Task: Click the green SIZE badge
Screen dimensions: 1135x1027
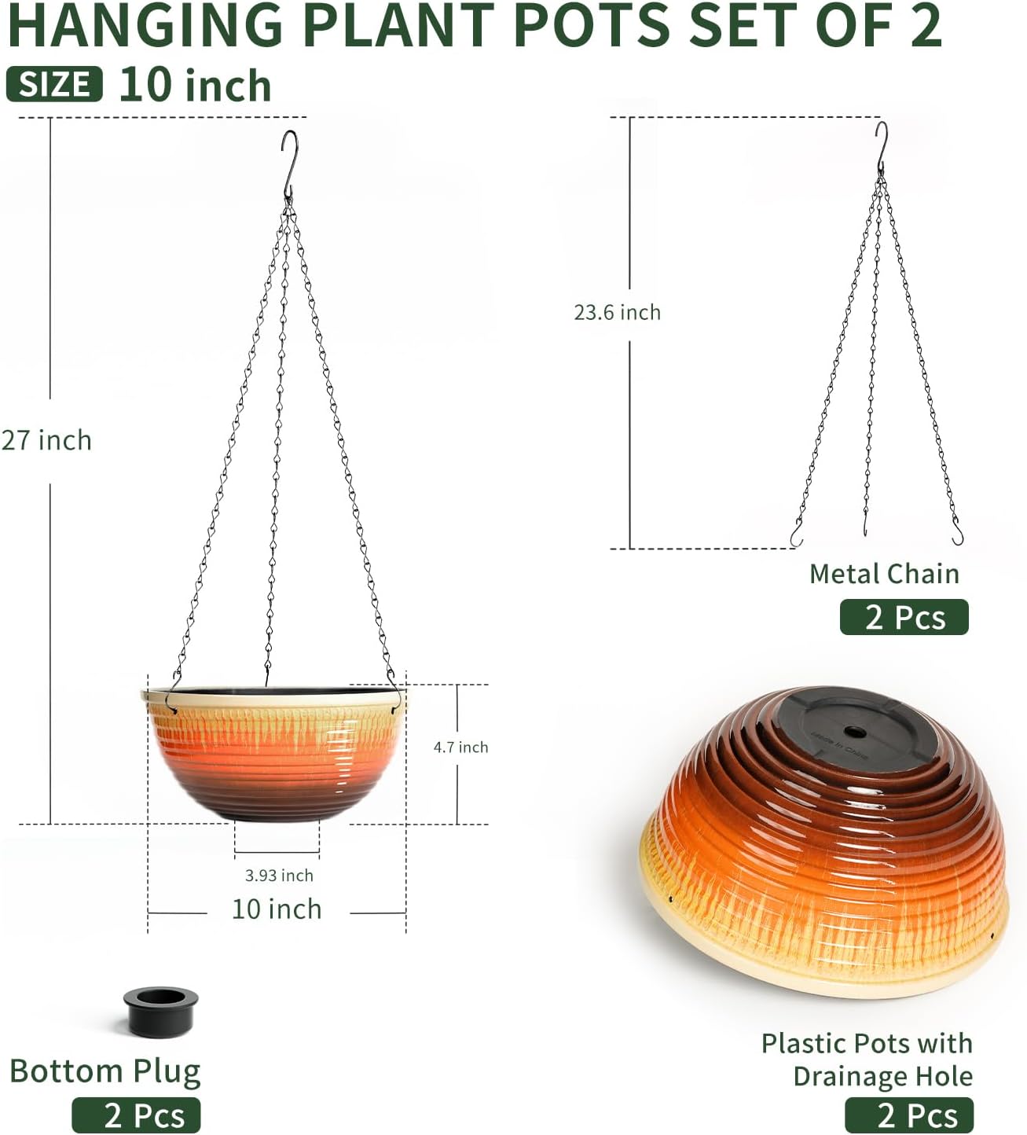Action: click(x=54, y=84)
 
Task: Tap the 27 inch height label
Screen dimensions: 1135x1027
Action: click(x=46, y=440)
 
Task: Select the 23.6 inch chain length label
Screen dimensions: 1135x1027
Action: click(x=617, y=312)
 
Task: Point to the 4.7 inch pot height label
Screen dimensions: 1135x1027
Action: click(x=460, y=747)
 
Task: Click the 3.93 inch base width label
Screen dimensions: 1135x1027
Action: click(x=279, y=875)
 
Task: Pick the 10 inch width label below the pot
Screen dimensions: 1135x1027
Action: click(x=277, y=909)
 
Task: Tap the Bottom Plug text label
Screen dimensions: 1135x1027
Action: click(x=105, y=1071)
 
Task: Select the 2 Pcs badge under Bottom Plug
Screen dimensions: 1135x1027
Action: click(x=136, y=1115)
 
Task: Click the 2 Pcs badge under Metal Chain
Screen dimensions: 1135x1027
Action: click(x=904, y=617)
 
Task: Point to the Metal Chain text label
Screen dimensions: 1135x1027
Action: click(x=884, y=574)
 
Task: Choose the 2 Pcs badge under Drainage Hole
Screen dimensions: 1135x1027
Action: click(x=909, y=1115)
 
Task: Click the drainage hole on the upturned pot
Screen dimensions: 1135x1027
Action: click(x=856, y=732)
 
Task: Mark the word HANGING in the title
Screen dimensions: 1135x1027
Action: click(x=145, y=25)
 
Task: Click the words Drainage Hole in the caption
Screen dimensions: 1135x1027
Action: click(x=882, y=1076)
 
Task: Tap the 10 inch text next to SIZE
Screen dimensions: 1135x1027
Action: click(x=195, y=85)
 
